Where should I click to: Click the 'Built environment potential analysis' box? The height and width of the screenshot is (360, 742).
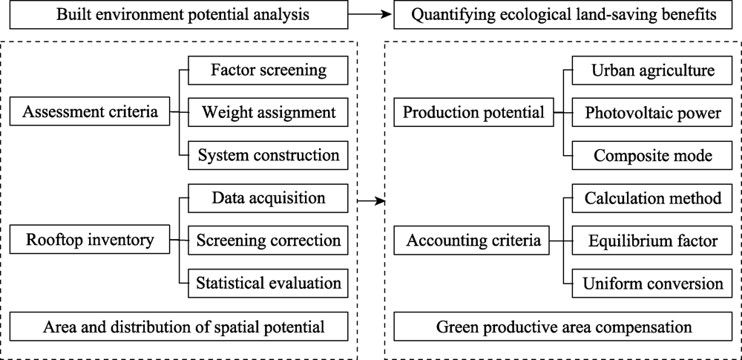pos(179,14)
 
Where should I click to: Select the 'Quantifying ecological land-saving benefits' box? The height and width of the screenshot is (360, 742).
pos(563,14)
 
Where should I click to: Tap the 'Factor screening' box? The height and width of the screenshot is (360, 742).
pos(269,71)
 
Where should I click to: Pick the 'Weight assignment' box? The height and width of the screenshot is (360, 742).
pos(269,113)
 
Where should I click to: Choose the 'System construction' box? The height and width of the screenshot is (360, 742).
pos(269,155)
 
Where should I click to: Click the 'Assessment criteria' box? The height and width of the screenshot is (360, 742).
pos(90,112)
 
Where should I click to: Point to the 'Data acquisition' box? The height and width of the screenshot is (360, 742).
pos(269,198)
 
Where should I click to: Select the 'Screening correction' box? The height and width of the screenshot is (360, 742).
pos(269,240)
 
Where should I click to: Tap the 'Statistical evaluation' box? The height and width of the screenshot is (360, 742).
pos(269,284)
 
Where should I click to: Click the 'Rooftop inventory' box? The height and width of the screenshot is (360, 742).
pos(90,240)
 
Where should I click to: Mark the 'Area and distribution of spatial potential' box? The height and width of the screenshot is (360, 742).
pos(179,327)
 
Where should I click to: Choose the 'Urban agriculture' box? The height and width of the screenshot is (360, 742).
pos(652,71)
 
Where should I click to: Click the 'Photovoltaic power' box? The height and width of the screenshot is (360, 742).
pos(652,113)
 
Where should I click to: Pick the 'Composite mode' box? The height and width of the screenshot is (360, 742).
pos(652,155)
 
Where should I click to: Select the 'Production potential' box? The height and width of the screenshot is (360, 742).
pos(473,112)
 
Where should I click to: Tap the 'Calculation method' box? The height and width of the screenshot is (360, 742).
pos(652,198)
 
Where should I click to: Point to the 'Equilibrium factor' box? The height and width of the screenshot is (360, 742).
pos(652,240)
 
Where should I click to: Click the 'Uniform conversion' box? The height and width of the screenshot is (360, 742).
pos(652,284)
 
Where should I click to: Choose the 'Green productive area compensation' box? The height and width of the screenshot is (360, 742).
pos(563,327)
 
